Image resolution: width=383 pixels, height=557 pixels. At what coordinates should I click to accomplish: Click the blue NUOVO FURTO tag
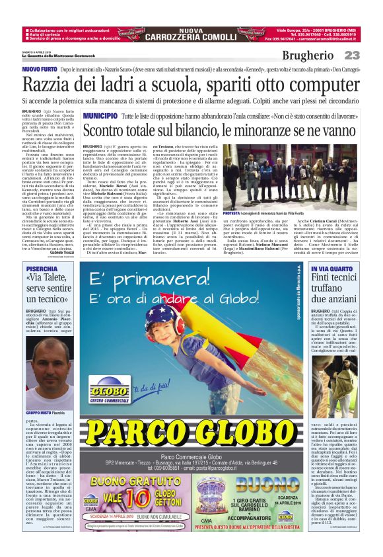[39, 69]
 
